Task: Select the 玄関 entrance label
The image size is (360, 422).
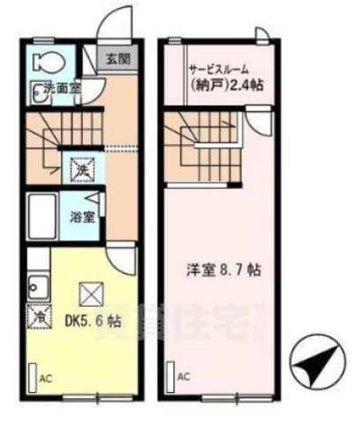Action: [x=116, y=59]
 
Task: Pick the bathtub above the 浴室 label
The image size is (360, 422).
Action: [x=44, y=211]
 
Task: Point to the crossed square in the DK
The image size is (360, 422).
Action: [x=90, y=290]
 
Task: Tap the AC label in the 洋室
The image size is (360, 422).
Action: [x=184, y=377]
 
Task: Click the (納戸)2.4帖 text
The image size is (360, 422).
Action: [x=225, y=86]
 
